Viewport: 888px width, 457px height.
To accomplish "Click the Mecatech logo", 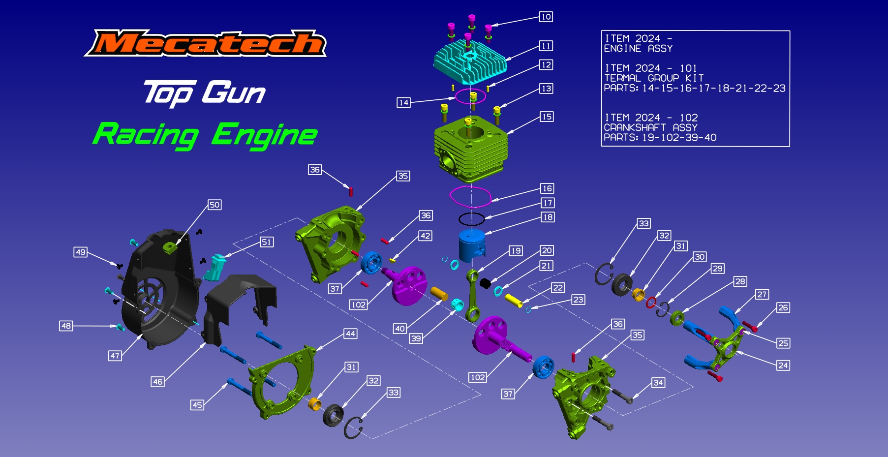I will coord(206,43).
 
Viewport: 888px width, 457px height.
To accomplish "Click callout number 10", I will coord(546,17).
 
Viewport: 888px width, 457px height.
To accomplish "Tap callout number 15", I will coord(546,117).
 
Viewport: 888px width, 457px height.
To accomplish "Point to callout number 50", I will coord(214,205).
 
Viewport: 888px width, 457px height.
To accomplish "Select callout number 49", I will coord(80,252).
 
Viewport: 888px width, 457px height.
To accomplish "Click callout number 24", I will coord(783,365).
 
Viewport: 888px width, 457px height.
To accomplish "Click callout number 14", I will coord(403,102).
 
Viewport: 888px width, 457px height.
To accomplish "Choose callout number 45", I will coord(197,405).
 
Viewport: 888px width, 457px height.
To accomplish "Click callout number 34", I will coord(658,382).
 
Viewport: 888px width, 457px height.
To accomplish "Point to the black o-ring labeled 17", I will coord(471,219).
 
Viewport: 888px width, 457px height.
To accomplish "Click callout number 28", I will coord(740,281).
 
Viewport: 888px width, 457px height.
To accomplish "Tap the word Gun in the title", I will coord(234,92).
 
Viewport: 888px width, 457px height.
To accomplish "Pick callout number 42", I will coord(425,236).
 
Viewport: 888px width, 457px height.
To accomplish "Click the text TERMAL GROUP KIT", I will coord(654,78).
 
